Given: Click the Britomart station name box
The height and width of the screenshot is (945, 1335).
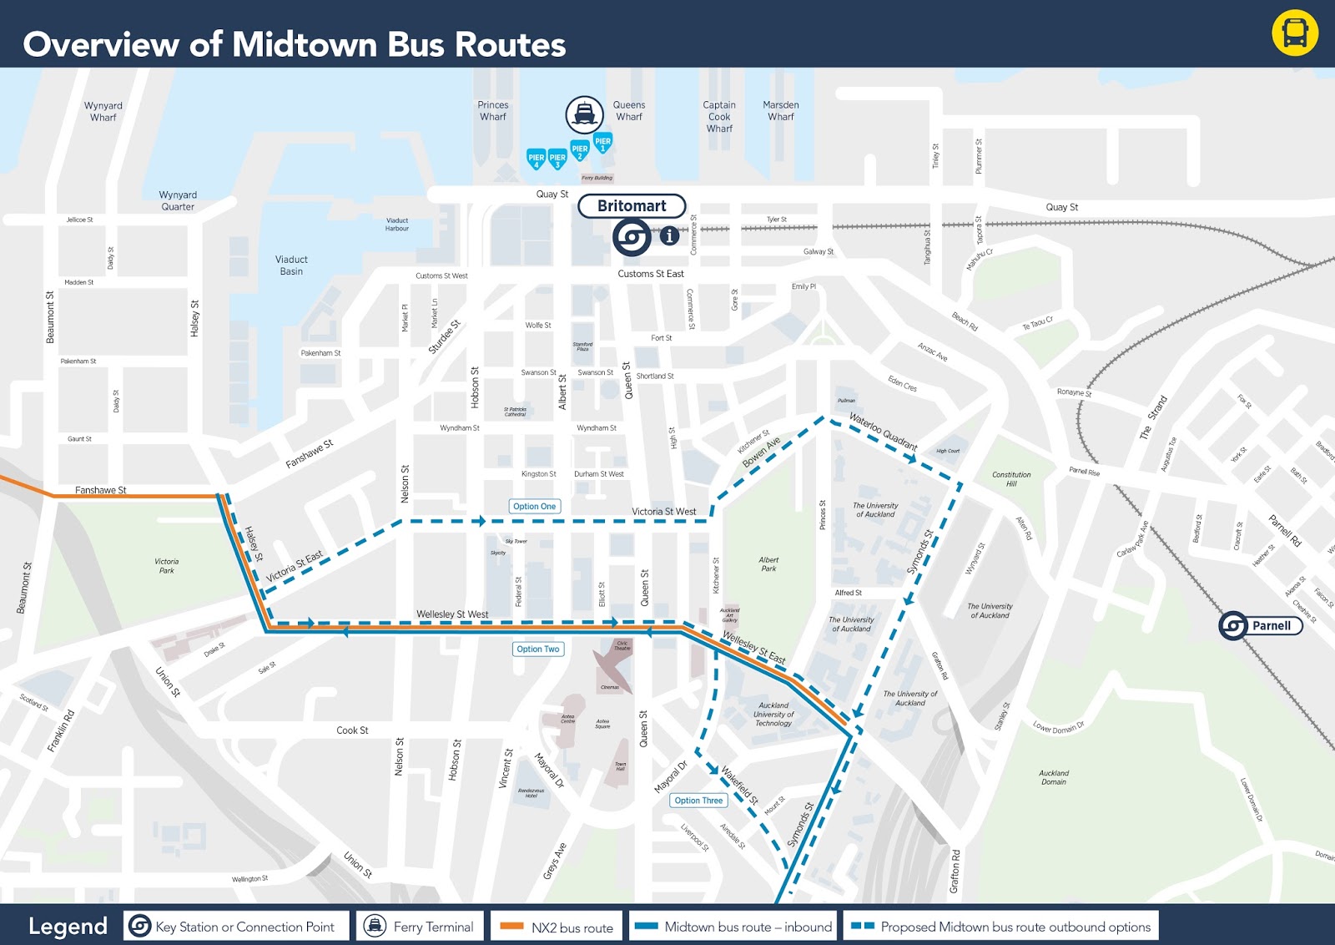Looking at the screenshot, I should pos(632,206).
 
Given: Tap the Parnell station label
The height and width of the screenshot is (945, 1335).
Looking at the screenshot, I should pos(1271,625).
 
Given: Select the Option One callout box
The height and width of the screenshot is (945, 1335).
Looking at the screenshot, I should pos(534,507).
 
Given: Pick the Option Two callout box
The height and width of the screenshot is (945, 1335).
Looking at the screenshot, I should pos(537,649).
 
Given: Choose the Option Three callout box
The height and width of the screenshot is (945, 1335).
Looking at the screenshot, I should pos(698,801).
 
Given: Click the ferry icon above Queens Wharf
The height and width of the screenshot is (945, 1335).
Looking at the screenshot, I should pos(584,114).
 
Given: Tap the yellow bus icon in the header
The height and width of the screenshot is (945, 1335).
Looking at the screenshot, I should pos(1294,33).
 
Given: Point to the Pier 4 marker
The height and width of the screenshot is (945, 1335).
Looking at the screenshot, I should pos(536,158).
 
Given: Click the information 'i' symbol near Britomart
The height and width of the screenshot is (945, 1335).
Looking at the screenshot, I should pos(669,236).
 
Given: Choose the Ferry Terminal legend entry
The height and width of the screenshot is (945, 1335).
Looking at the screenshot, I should pos(419,927).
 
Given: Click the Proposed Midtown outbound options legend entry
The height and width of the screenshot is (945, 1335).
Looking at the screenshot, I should pos(1000,927).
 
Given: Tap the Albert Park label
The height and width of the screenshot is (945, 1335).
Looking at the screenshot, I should pos(768,564).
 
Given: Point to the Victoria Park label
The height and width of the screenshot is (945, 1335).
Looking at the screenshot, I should pos(167,566).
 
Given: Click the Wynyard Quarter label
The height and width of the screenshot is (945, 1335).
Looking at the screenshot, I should pos(178,200).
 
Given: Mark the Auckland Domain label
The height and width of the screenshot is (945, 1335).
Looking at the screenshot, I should pos(1054,777).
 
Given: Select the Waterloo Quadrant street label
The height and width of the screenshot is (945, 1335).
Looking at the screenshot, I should pos(883,431).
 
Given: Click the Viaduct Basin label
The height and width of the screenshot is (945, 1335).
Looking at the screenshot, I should pos(291,265).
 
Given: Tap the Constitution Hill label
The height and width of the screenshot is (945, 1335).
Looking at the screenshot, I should pos(1011,478).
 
